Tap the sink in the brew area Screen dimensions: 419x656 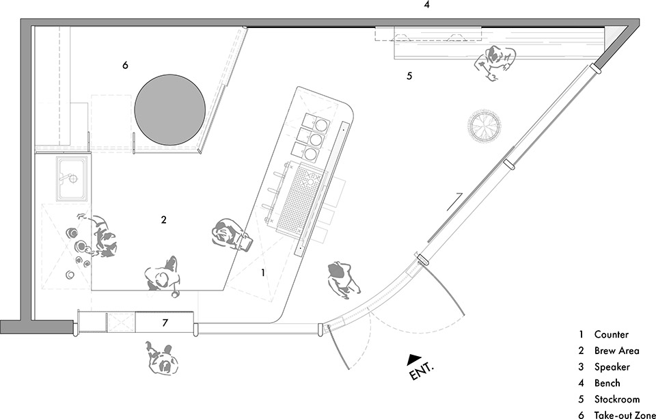[71, 178]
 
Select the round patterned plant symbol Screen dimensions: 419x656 [484, 125]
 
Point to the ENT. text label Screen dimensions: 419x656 [422, 372]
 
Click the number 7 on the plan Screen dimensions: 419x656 [165, 321]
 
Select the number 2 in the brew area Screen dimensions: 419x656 [163, 220]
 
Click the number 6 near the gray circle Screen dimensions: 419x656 [125, 66]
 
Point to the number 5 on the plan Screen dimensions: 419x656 [409, 76]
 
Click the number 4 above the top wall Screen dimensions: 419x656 [426, 5]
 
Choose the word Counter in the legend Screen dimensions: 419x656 [611, 335]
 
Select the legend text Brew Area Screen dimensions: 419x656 [616, 351]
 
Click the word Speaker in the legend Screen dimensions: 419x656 [612, 367]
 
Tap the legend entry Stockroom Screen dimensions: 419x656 [616, 399]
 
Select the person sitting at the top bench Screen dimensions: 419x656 [497, 62]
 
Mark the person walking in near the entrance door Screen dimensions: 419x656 [342, 278]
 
